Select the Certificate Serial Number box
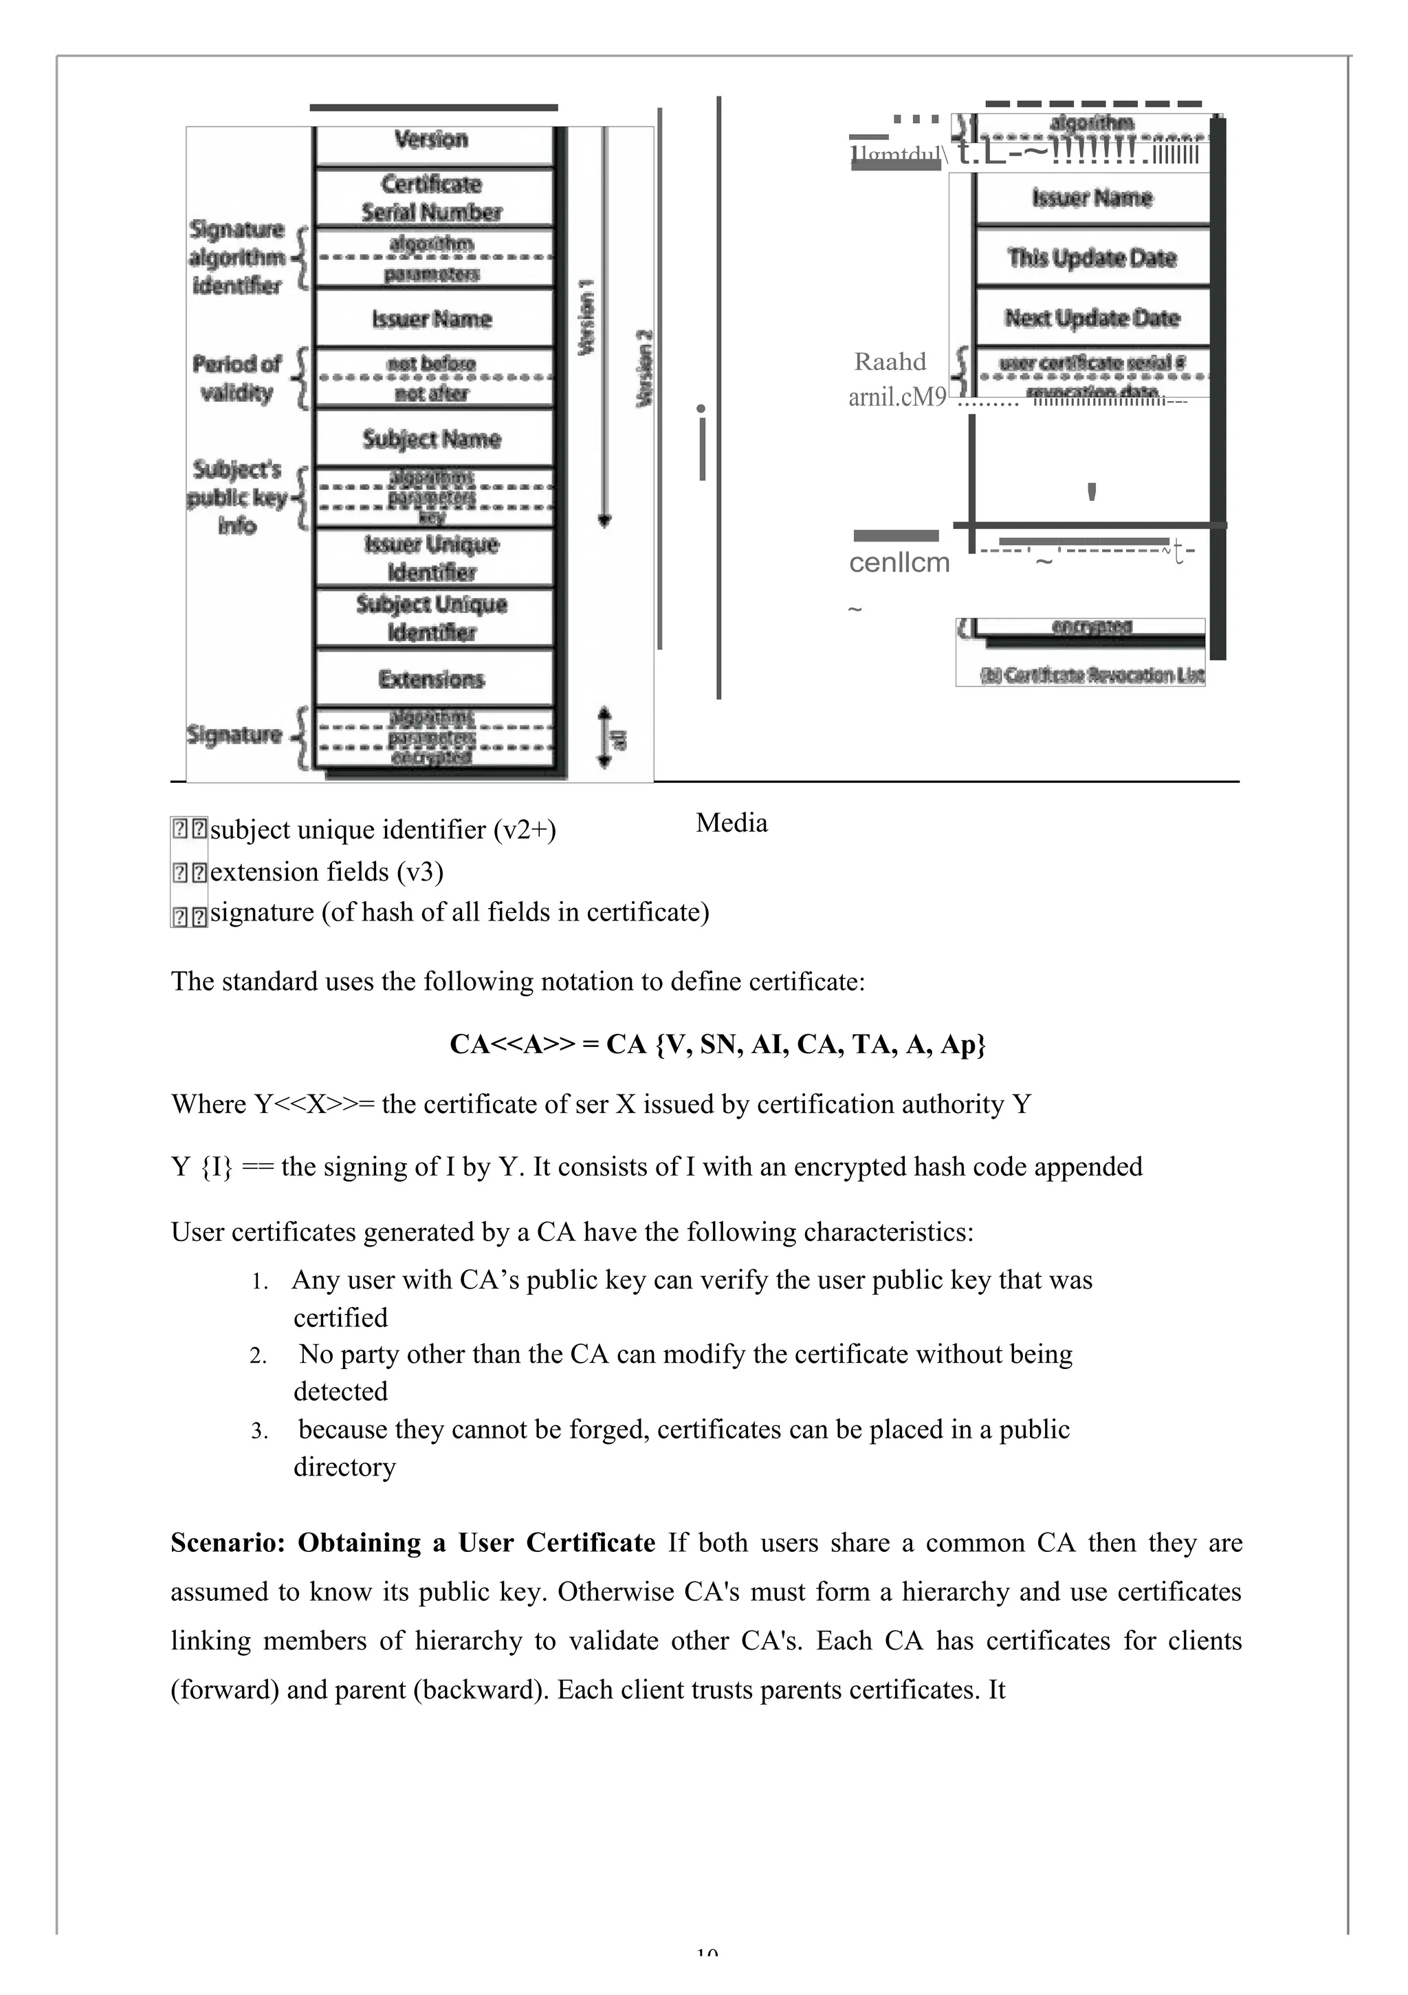click(432, 198)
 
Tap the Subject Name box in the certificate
click(432, 439)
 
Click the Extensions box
click(432, 678)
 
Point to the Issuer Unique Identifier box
click(432, 558)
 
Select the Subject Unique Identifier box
click(432, 618)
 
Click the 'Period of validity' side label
click(236, 378)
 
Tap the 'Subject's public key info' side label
click(236, 497)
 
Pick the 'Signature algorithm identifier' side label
click(236, 257)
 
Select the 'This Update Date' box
click(1092, 258)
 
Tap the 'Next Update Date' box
click(1092, 318)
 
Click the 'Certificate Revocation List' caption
click(1092, 675)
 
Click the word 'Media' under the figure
click(731, 823)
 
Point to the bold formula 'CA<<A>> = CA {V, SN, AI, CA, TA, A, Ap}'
click(718, 1044)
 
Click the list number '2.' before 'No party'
click(258, 1357)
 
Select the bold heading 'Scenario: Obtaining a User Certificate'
click(412, 1542)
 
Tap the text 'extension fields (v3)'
click(327, 872)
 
